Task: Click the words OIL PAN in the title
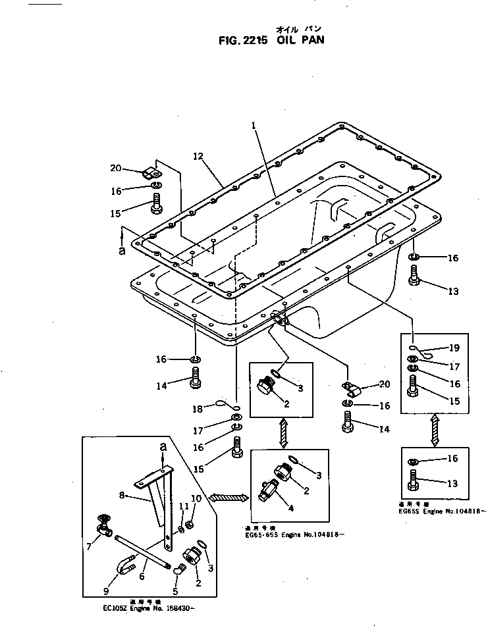point(301,39)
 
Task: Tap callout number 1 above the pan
point(253,124)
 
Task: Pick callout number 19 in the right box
point(455,348)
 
